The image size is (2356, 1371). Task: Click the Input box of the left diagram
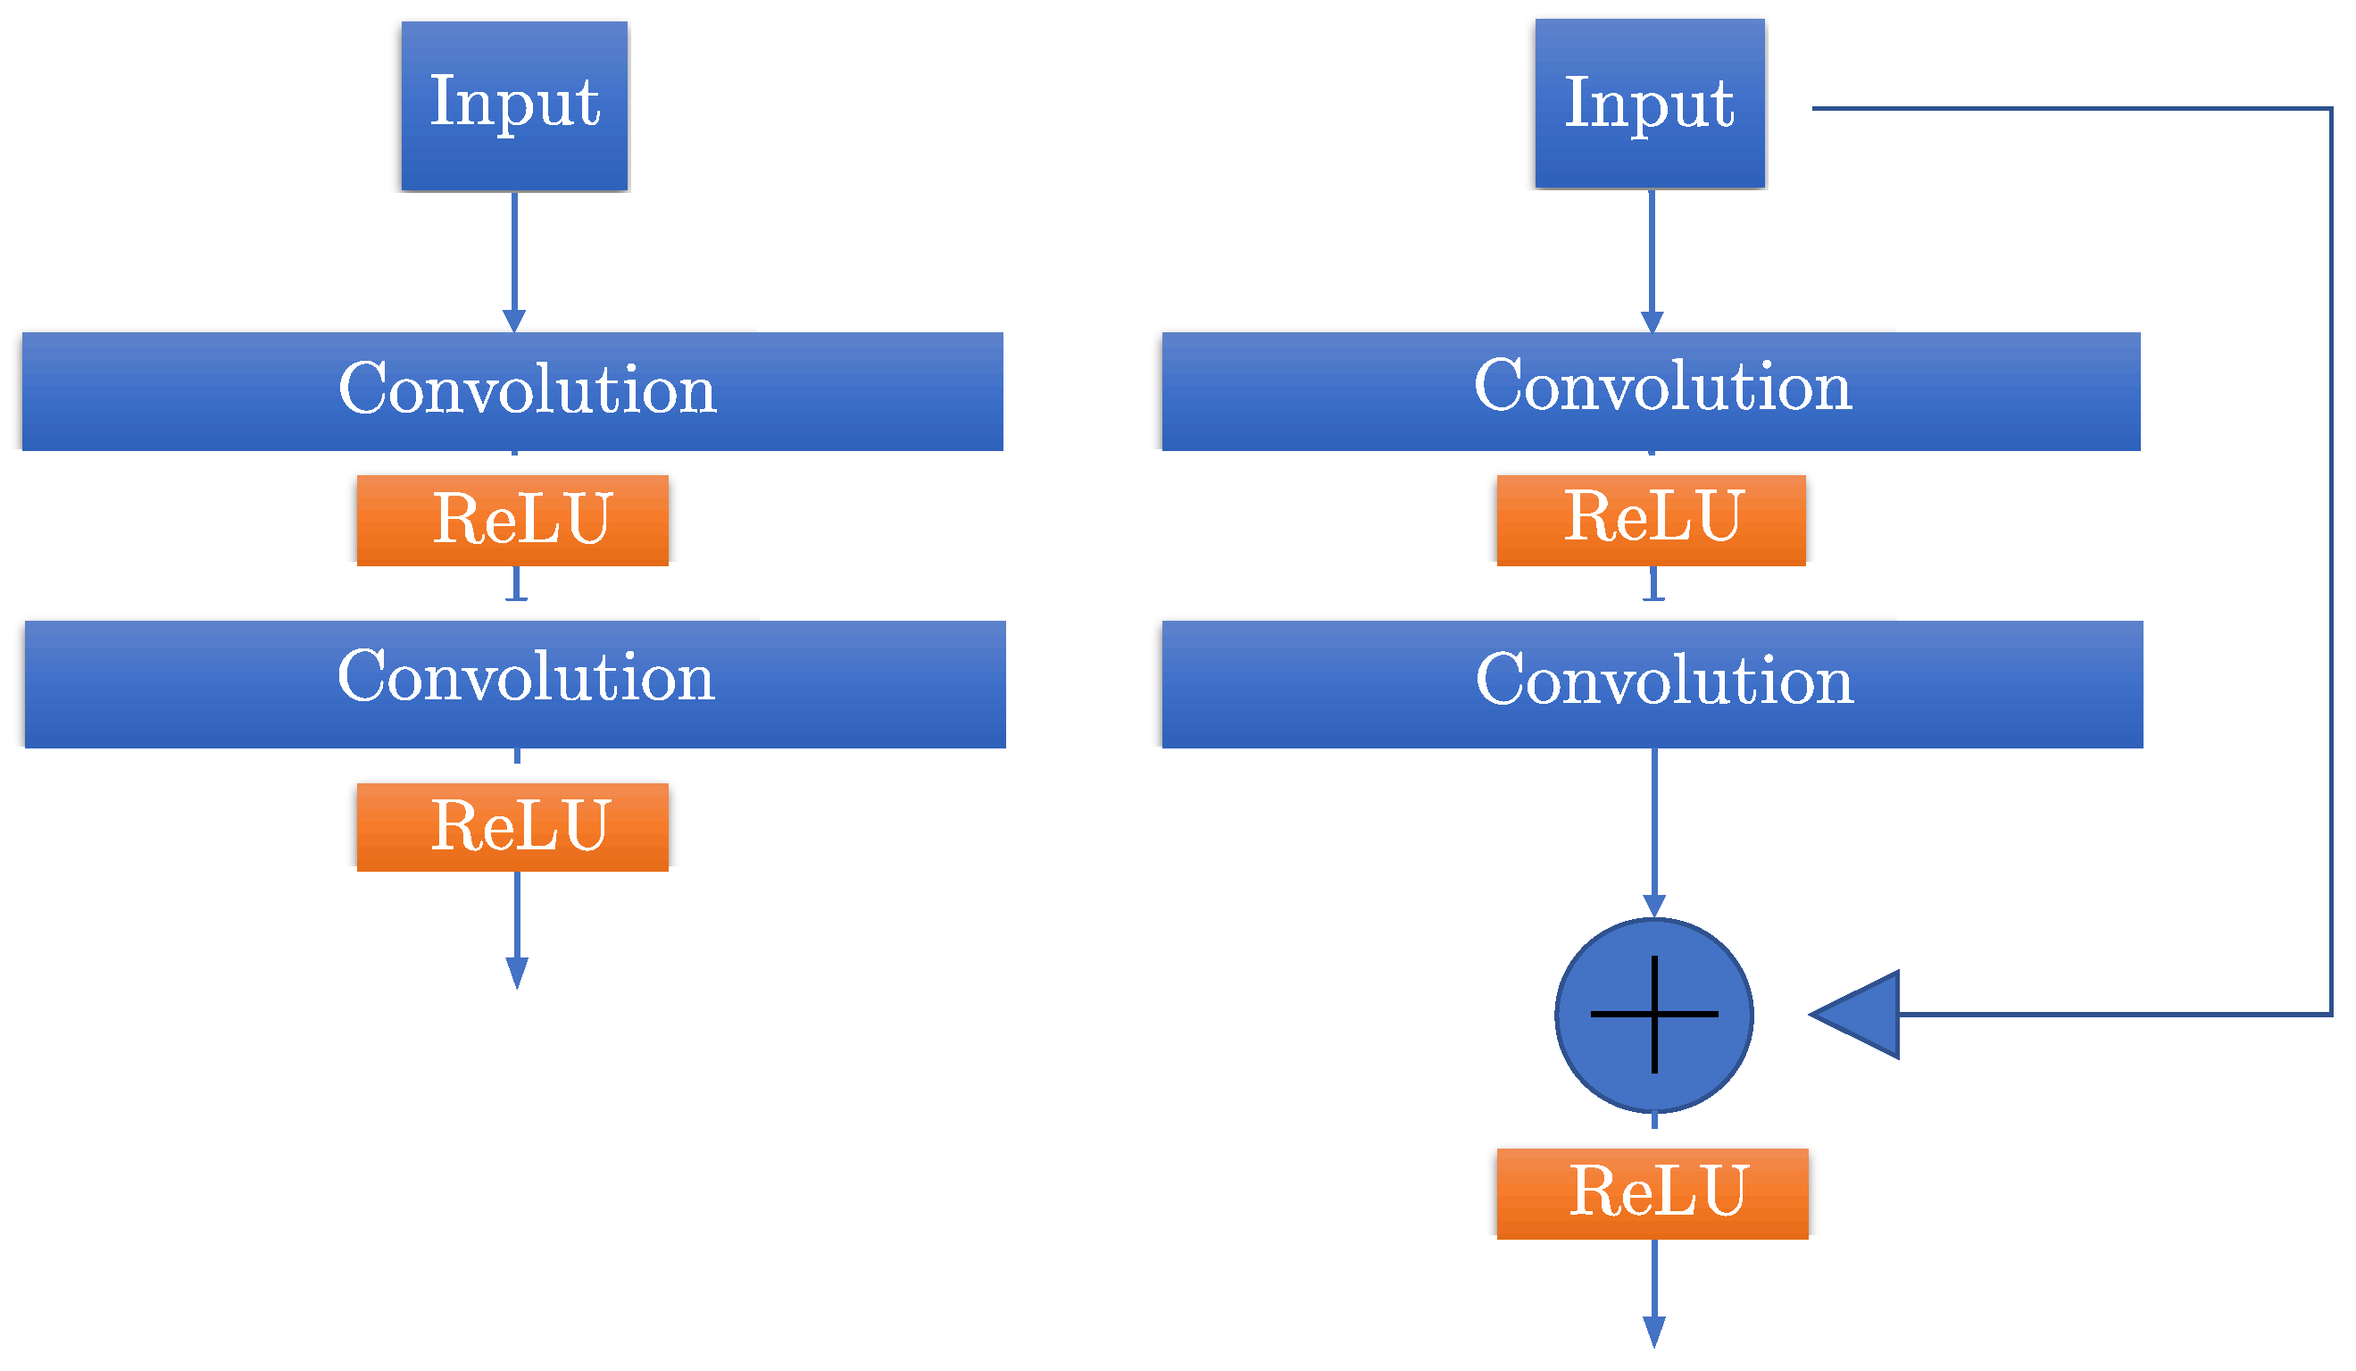514,105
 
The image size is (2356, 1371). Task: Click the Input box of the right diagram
1649,104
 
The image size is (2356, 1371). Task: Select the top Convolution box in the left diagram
512,391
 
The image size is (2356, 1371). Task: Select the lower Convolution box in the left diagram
514,683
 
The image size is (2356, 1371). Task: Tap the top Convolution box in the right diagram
1650,391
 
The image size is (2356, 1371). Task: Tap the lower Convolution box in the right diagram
1652,683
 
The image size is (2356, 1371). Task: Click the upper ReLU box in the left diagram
512,520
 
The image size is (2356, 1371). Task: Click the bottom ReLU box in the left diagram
512,827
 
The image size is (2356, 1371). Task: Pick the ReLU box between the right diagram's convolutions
1650,520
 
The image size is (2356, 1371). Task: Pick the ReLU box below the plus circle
1652,1193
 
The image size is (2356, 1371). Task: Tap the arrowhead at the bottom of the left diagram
517,973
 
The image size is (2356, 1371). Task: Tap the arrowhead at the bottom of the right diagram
1654,1331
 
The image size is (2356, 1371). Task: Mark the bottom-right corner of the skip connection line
2331,1015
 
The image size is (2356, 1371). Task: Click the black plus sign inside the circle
1654,1015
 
